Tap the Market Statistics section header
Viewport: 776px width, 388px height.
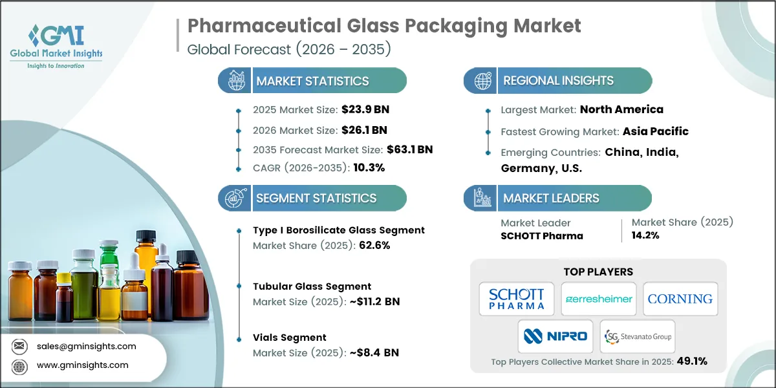(312, 81)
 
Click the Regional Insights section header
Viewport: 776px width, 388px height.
(558, 81)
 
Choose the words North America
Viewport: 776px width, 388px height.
(621, 109)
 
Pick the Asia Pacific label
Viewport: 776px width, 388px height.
(655, 131)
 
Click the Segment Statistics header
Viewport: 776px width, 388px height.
(316, 198)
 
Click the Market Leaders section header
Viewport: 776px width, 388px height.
(551, 198)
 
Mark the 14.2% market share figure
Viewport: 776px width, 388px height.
(645, 236)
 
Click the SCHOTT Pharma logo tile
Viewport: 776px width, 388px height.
(516, 299)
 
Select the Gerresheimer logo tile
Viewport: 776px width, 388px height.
(598, 299)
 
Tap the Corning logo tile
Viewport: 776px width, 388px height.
(680, 299)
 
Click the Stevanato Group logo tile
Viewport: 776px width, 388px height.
(637, 336)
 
